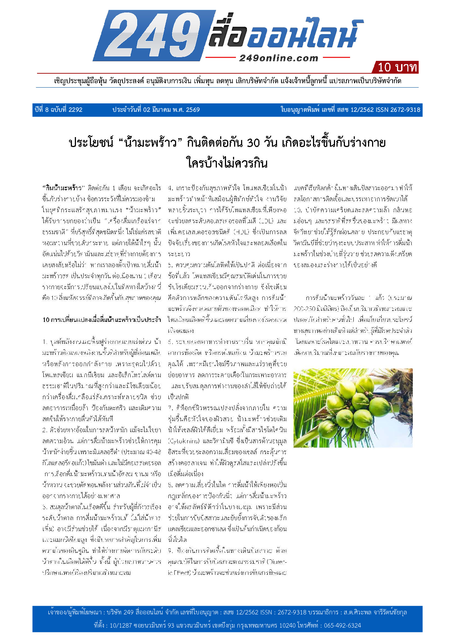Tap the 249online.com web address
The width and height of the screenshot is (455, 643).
279,58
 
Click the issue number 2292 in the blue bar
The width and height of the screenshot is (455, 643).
75,110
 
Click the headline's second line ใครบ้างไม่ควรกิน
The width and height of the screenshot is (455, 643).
227,162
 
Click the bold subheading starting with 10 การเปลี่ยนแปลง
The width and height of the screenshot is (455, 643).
102,320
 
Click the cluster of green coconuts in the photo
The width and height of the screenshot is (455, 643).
352,403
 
